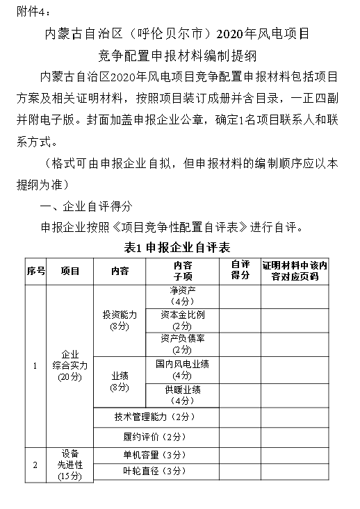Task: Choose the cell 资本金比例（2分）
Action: click(x=183, y=320)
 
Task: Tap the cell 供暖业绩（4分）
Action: click(x=183, y=393)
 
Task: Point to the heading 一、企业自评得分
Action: click(x=87, y=206)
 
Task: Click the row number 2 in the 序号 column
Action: click(x=35, y=463)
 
